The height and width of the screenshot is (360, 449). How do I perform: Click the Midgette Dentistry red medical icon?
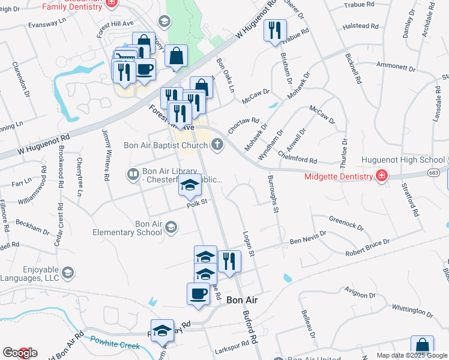click(x=381, y=175)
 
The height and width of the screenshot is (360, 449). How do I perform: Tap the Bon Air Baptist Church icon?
click(x=217, y=144)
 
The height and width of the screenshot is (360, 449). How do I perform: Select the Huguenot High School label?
click(x=403, y=161)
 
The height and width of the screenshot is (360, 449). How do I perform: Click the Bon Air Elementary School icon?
click(x=172, y=227)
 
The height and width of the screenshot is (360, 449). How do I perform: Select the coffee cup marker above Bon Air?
click(x=199, y=294)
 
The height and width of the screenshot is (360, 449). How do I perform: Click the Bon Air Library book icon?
click(x=133, y=175)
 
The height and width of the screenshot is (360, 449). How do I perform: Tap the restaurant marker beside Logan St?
click(x=229, y=261)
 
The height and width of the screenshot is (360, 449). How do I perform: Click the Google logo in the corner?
click(x=20, y=353)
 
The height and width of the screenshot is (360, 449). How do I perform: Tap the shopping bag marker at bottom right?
click(x=422, y=347)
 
